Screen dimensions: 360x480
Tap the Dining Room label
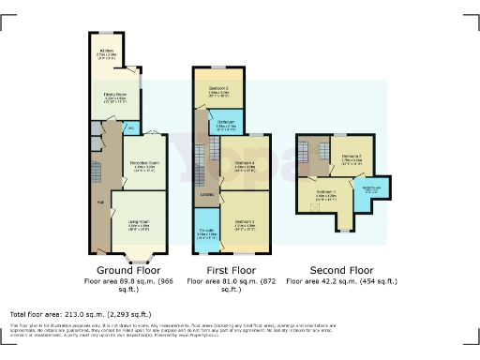tap(114, 96)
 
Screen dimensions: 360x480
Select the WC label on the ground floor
tap(130, 127)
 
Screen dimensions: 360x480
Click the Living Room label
tap(138, 223)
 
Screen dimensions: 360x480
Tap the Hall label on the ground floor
tap(100, 200)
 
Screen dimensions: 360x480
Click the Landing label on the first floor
tap(206, 194)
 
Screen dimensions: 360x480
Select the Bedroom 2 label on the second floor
tap(352, 157)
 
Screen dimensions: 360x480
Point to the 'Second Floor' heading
tap(340, 269)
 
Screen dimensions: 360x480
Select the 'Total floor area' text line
tap(71, 313)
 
